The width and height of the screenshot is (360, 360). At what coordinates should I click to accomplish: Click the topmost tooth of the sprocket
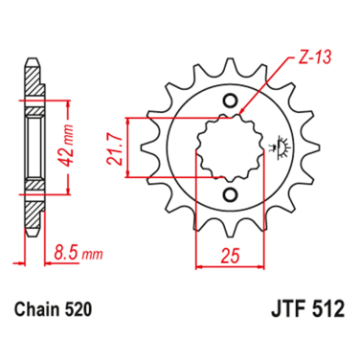[230, 64]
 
